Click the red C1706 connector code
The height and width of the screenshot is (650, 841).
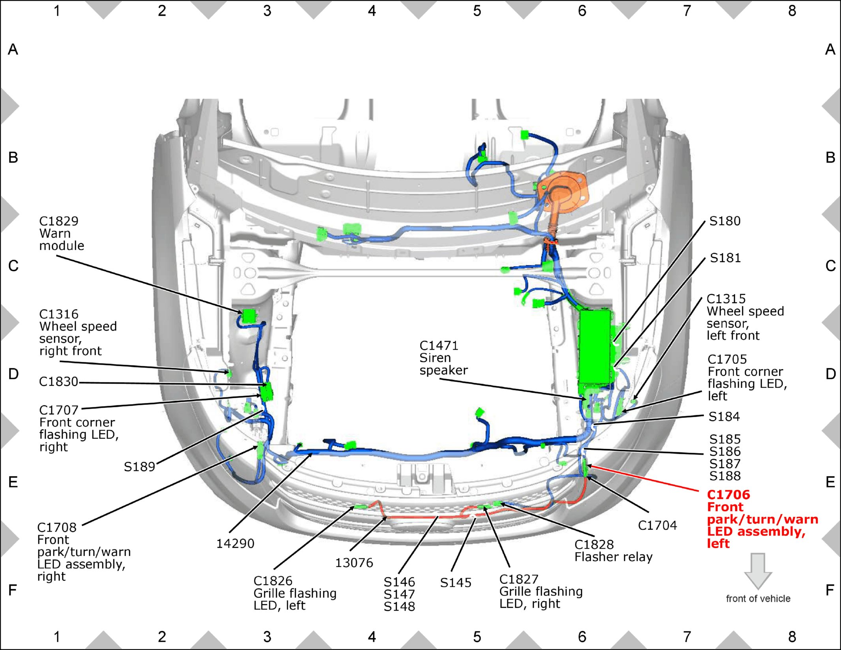click(728, 495)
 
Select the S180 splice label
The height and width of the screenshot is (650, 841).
click(725, 221)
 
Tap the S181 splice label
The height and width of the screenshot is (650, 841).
click(725, 258)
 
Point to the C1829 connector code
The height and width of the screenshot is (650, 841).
click(59, 221)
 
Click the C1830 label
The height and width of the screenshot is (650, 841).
click(58, 382)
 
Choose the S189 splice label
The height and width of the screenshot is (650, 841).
click(139, 467)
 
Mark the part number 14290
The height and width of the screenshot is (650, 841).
click(235, 543)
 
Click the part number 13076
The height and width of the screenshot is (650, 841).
click(354, 563)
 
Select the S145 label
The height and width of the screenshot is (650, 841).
click(456, 583)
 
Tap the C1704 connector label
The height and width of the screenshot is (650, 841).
click(657, 525)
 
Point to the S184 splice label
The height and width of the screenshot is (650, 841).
click(724, 416)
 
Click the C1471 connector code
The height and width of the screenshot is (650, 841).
click(439, 346)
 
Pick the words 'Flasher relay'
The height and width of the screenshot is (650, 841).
click(614, 557)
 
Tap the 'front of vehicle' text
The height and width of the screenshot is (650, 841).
click(758, 599)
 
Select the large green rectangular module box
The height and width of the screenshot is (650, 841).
click(595, 347)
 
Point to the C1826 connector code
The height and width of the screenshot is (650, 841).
click(273, 581)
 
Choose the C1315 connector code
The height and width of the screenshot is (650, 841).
click(726, 299)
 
